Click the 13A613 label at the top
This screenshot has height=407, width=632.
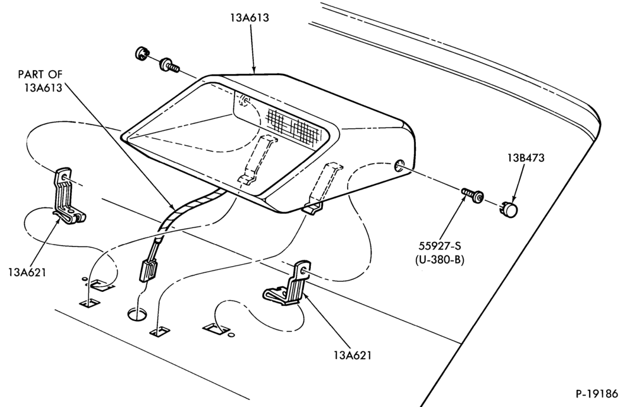[x=250, y=18]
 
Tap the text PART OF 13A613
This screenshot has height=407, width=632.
[x=40, y=81]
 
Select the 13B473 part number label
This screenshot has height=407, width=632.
[x=526, y=157]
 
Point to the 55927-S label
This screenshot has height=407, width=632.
[x=439, y=246]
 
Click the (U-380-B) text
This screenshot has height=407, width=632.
[x=439, y=260]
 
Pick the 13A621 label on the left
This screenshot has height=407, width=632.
[x=27, y=272]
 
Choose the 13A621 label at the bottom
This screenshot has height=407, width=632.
[x=352, y=355]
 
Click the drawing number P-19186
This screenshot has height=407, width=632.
[x=597, y=393]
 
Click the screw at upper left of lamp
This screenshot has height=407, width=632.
[x=169, y=66]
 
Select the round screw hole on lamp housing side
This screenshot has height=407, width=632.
[x=399, y=166]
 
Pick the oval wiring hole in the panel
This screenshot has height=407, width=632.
[x=138, y=313]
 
